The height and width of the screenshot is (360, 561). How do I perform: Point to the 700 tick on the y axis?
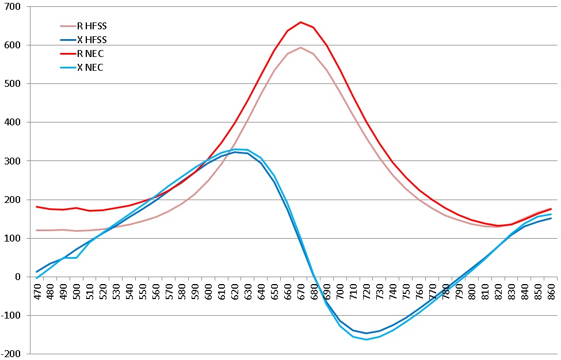pyautogui.click(x=13, y=7)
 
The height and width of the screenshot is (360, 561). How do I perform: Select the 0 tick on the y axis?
pyautogui.click(x=17, y=277)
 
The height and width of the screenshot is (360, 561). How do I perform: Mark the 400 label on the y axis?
pyautogui.click(x=13, y=122)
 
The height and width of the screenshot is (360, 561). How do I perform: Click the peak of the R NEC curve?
pyautogui.click(x=300, y=22)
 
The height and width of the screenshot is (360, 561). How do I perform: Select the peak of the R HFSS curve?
pyautogui.click(x=300, y=47)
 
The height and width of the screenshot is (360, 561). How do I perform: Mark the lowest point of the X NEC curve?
pyautogui.click(x=366, y=339)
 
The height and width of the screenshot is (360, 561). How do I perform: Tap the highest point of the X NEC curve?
pyautogui.click(x=235, y=150)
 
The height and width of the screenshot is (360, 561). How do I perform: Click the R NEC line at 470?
pyautogui.click(x=37, y=206)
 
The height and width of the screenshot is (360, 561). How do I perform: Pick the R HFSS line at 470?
pyautogui.click(x=37, y=230)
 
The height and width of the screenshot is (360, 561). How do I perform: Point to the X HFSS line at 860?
pyautogui.click(x=551, y=218)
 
